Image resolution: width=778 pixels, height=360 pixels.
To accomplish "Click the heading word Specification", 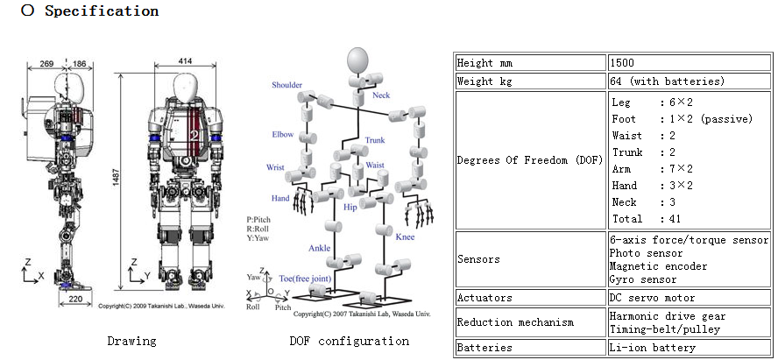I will (102, 11).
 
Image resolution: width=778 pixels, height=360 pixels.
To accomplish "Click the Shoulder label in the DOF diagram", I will (286, 85).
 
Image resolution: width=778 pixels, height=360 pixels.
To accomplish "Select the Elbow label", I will (282, 135).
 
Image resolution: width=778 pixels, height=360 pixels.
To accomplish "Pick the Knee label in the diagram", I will (406, 237).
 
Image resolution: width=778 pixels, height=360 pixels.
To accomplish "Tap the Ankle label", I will (319, 248).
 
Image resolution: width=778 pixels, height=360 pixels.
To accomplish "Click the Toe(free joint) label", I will (304, 277).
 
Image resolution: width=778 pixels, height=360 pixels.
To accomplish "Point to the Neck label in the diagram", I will (381, 95).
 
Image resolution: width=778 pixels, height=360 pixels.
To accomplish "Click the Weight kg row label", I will (487, 81).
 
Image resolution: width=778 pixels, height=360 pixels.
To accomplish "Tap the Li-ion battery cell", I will (652, 348).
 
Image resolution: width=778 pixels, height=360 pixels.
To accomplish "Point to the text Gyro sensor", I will (643, 279).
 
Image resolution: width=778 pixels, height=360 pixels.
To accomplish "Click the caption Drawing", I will (132, 341).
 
